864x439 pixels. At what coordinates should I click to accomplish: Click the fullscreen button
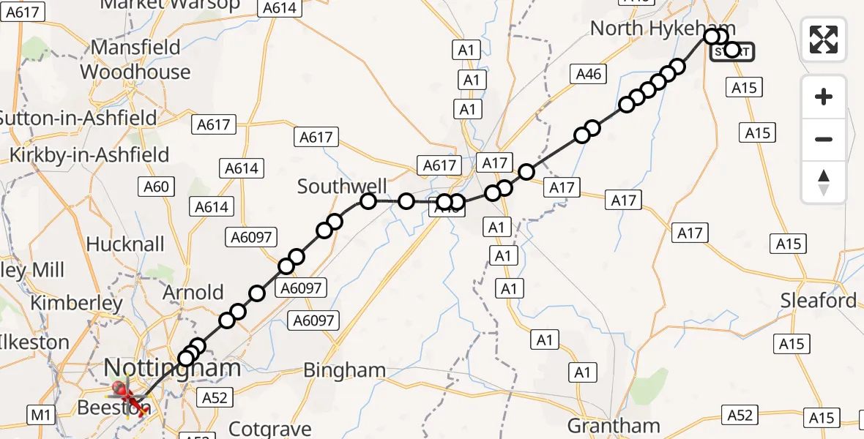824,39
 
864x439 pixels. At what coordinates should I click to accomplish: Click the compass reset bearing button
824,182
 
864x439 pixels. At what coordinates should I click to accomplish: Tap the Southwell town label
342,187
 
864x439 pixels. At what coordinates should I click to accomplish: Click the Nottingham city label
173,368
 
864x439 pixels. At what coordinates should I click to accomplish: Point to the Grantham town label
614,426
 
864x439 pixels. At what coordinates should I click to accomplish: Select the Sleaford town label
818,301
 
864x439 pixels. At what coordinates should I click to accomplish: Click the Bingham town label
344,370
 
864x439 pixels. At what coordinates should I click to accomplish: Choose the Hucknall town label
126,244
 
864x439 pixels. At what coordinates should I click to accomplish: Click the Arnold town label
194,293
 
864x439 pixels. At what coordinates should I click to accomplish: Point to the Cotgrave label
270,428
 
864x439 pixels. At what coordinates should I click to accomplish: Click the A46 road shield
589,74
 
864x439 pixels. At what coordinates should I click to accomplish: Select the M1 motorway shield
40,416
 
